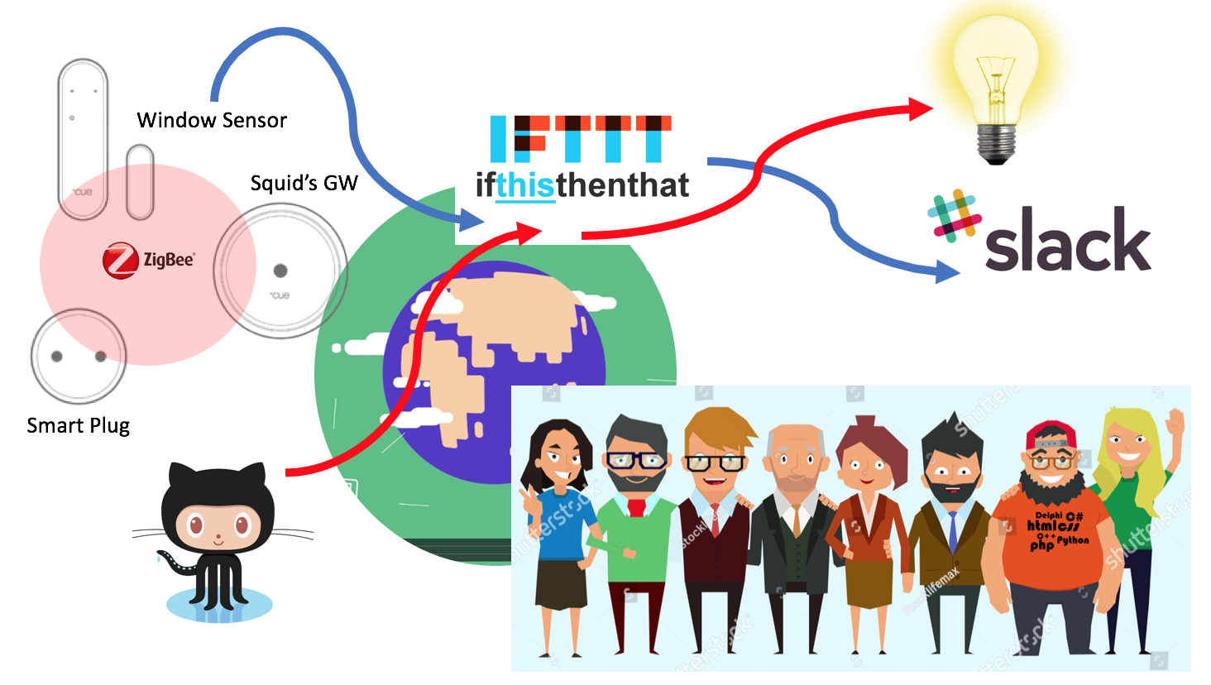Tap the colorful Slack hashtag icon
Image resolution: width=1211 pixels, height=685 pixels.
pyautogui.click(x=954, y=218)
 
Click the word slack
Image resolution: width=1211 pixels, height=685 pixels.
pyautogui.click(x=1068, y=241)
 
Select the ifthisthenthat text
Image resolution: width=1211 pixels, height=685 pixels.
pyautogui.click(x=582, y=184)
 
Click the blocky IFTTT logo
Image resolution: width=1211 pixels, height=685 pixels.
pyautogui.click(x=581, y=138)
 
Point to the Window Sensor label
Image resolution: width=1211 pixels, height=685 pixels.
pyautogui.click(x=212, y=121)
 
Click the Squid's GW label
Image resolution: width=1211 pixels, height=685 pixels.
pyautogui.click(x=304, y=183)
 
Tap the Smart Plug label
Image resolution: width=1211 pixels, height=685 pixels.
pyautogui.click(x=79, y=425)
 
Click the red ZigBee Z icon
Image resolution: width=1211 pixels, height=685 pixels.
pyautogui.click(x=120, y=261)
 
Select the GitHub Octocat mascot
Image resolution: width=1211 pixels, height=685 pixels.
pyautogui.click(x=218, y=538)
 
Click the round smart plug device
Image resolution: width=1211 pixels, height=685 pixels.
pyautogui.click(x=79, y=356)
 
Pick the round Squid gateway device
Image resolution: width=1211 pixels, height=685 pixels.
pyautogui.click(x=280, y=271)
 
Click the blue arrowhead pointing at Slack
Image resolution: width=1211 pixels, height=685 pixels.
pyautogui.click(x=947, y=271)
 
